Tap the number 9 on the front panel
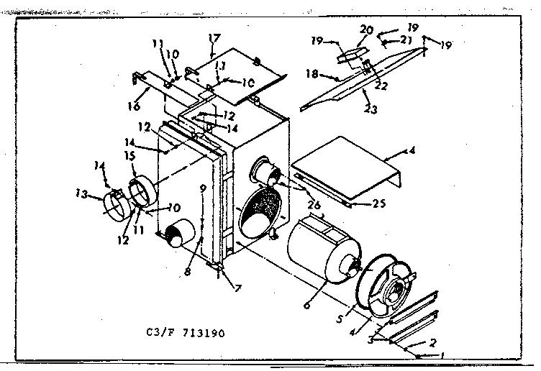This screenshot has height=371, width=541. point(203,188)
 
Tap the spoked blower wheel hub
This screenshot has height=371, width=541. point(395,291)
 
